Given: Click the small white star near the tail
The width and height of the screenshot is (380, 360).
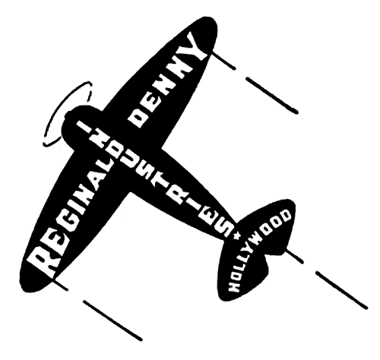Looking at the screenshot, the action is tap(237, 235).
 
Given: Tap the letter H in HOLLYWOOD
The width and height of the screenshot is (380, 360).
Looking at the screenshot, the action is tap(234, 286).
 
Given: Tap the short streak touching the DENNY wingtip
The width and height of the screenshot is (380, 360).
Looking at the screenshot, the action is tap(223, 61).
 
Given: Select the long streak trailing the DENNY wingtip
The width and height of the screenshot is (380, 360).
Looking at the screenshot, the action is tap(272, 96).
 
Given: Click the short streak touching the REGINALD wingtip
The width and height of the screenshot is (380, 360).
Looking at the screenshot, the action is tap(60, 284).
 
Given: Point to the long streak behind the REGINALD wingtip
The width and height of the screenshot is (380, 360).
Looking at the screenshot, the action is tap(112, 321).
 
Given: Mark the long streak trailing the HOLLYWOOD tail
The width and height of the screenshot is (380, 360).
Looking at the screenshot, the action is tap(341, 290).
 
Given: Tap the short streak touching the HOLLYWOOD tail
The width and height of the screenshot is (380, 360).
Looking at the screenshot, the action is tap(295, 256).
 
